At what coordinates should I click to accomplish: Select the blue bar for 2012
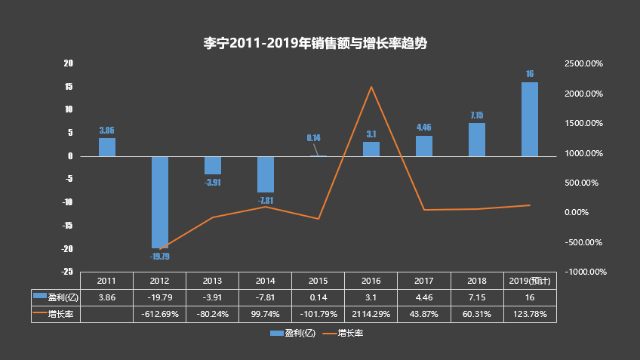click(160, 202)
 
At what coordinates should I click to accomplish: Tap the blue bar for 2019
click(530, 118)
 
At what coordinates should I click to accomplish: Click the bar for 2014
click(266, 174)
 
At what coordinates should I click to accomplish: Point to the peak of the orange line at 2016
click(371, 87)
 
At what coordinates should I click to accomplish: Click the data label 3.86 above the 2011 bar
click(107, 131)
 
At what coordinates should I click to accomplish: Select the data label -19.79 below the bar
click(160, 257)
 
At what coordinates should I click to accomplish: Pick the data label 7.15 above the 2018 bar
click(477, 115)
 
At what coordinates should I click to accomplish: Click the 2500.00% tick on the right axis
click(583, 64)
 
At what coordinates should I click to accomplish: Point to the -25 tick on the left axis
click(67, 272)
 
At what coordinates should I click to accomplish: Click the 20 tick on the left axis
click(68, 63)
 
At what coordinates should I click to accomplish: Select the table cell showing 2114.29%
click(371, 313)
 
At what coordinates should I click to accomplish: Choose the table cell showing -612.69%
click(160, 313)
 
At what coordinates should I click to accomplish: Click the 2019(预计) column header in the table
click(530, 281)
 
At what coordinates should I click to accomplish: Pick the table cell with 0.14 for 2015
click(318, 297)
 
